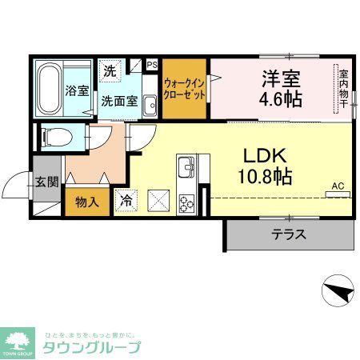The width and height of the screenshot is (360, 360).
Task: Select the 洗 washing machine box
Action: (x=110, y=70)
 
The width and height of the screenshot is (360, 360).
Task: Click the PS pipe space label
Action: (x=151, y=65)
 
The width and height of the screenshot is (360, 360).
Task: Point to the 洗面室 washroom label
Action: (x=119, y=101)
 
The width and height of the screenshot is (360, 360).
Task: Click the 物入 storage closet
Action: (x=86, y=201)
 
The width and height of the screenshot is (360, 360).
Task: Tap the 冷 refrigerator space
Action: (x=127, y=202)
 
